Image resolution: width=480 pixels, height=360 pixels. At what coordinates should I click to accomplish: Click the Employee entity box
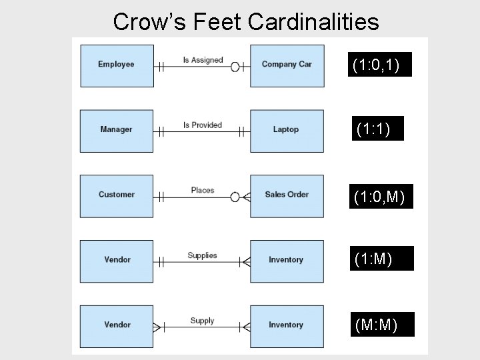(x=117, y=65)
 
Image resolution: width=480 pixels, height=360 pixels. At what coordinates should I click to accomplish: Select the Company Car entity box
(x=287, y=65)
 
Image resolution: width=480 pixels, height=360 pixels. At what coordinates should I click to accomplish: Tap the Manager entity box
(x=117, y=130)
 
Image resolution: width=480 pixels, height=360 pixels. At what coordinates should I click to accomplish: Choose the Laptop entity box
(x=287, y=130)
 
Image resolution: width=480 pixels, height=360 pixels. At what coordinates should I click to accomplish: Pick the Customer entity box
(x=117, y=195)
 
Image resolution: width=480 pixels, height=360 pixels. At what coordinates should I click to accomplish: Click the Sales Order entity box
(x=287, y=195)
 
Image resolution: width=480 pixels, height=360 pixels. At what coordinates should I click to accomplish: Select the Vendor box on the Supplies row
(x=117, y=260)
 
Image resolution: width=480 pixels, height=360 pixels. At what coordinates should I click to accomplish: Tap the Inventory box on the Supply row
(x=287, y=325)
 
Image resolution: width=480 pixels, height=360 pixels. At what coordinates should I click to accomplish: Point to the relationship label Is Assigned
(x=203, y=60)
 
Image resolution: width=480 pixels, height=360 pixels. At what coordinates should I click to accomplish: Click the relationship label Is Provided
(x=202, y=125)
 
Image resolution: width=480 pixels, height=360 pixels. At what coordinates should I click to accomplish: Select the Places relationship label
(x=202, y=190)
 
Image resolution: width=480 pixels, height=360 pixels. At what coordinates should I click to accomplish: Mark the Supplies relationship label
(x=202, y=255)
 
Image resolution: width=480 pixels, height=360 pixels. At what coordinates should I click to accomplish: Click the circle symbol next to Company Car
(x=235, y=67)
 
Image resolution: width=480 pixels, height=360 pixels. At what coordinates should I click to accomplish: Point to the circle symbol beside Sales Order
(x=235, y=197)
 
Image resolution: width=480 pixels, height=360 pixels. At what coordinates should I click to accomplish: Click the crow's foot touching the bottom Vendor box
(x=158, y=327)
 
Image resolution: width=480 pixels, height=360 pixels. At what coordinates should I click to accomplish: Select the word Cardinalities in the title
(x=313, y=21)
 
